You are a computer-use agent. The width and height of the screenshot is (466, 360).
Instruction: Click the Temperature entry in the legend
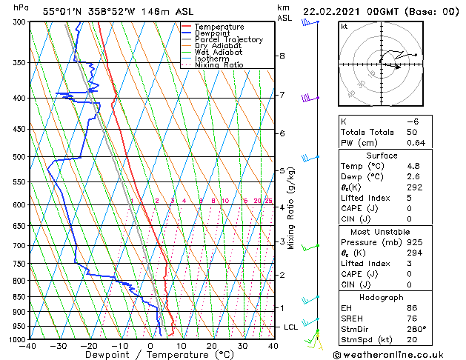pyautogui.click(x=219, y=27)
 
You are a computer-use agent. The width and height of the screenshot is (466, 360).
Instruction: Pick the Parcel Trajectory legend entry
pyautogui.click(x=228, y=40)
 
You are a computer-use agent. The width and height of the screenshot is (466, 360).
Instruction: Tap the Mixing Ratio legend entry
pyautogui.click(x=219, y=65)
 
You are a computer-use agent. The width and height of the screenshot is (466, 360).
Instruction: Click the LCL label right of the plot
pyautogui.click(x=291, y=327)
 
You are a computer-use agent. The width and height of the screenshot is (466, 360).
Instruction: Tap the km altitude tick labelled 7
pyautogui.click(x=282, y=95)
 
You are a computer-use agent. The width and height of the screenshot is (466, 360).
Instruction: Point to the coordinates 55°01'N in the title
pyautogui.click(x=61, y=11)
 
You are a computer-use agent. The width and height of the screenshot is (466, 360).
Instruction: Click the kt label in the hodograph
pyautogui.click(x=344, y=26)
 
